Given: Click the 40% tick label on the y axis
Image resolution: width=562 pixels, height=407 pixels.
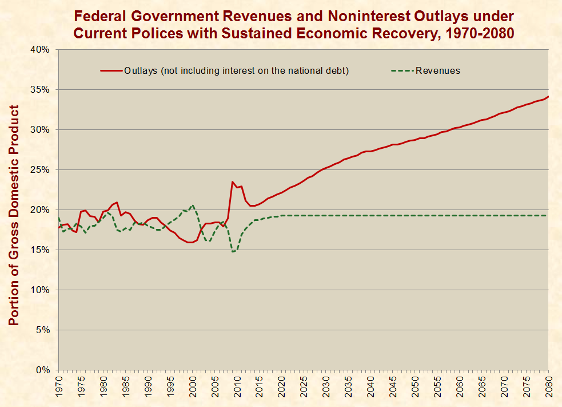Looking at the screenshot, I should click(42, 50).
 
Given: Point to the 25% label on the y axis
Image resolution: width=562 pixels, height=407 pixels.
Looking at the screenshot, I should click(42, 170).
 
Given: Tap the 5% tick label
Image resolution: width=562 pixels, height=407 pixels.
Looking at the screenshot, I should click(44, 330).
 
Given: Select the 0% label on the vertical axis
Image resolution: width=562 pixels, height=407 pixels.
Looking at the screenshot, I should click(44, 370).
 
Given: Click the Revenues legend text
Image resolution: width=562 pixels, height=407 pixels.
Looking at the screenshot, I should click(438, 71).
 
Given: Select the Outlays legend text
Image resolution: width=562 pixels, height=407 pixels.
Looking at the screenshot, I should click(236, 71).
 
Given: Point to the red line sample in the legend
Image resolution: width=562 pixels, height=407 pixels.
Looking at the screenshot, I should click(111, 71).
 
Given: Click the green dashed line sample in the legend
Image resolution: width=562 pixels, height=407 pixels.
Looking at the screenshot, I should click(402, 71).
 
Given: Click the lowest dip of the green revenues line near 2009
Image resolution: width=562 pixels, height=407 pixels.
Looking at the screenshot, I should click(233, 252).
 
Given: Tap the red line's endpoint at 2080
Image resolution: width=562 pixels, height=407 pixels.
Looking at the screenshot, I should click(548, 96).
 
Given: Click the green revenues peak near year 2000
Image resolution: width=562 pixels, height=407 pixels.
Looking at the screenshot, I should click(193, 205).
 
